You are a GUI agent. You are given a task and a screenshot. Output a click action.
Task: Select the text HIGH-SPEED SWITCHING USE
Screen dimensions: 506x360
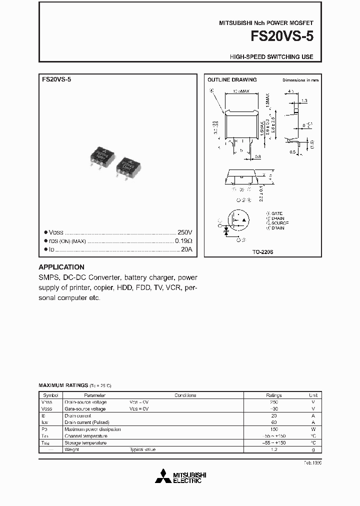click(271, 57)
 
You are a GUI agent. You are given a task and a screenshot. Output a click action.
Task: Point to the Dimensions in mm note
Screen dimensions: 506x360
click(300, 80)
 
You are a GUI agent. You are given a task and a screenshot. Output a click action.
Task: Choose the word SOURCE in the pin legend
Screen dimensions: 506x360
click(279, 223)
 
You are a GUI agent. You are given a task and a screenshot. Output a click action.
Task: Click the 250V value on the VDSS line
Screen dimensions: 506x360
click(184, 232)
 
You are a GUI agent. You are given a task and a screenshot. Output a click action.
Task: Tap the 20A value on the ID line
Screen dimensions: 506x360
click(186, 249)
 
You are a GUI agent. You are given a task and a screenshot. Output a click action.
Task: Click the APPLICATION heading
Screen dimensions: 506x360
click(61, 267)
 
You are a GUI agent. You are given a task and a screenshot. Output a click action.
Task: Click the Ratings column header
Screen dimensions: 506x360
click(273, 395)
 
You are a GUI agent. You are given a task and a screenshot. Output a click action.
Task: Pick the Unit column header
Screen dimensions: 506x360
click(313, 395)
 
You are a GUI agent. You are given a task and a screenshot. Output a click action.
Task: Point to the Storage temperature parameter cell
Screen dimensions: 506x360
click(85, 442)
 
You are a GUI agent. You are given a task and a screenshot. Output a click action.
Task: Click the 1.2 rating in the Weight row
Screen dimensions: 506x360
click(273, 449)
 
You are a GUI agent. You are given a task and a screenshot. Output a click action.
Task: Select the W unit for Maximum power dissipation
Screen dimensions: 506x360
click(313, 429)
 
